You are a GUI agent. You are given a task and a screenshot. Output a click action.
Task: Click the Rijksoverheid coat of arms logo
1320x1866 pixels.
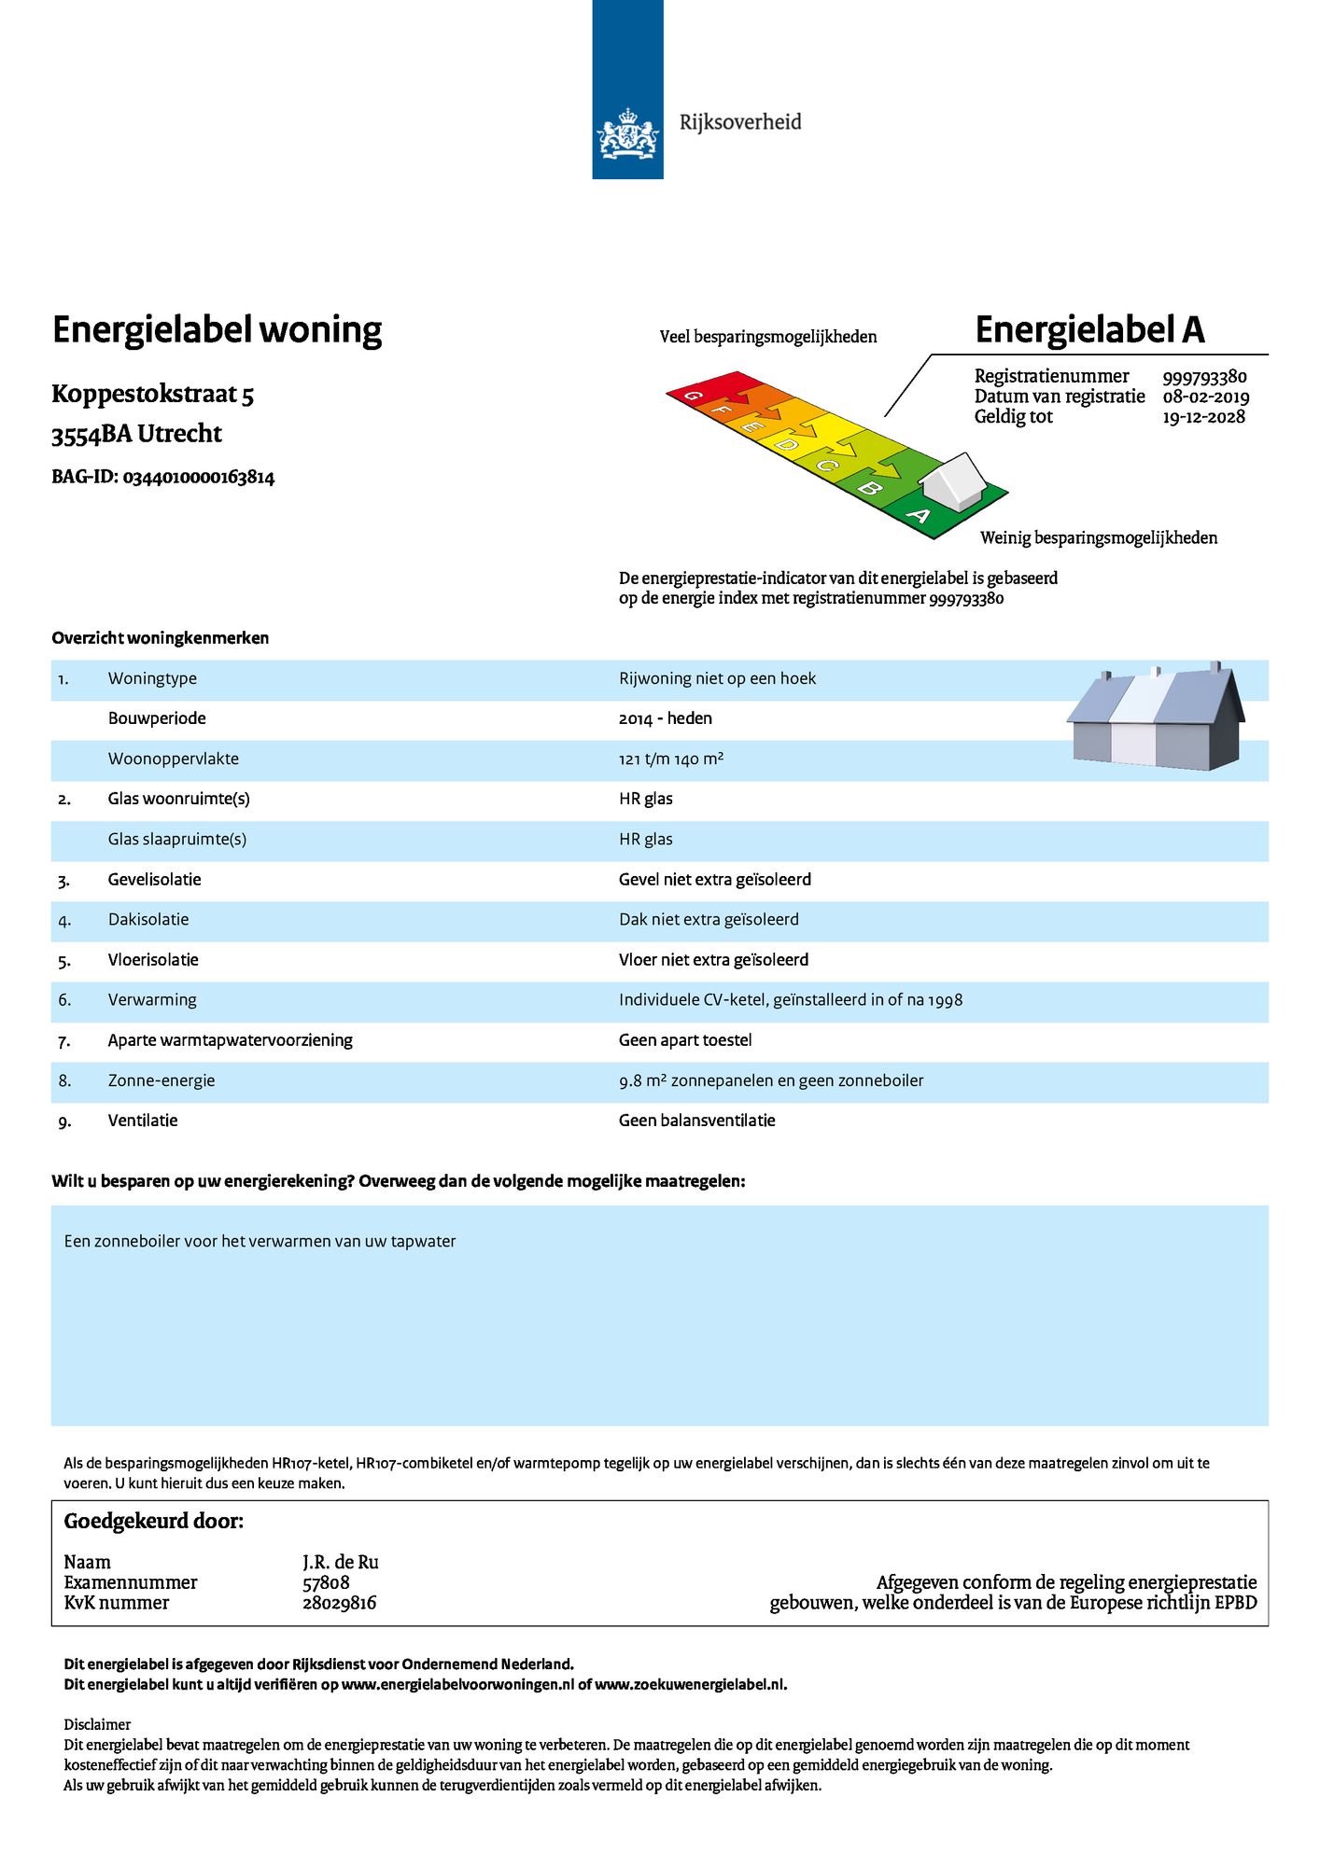point(627,132)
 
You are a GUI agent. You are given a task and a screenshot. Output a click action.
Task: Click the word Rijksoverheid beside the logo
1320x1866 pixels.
point(740,122)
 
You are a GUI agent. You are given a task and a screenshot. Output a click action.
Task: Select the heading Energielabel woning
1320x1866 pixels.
point(217,330)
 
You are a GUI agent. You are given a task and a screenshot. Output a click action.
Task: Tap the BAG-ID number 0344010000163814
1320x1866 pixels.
point(199,478)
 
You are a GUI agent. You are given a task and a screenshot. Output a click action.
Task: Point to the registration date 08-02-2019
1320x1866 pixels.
point(1205,397)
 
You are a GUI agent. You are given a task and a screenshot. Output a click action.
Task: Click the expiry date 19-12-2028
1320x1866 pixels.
point(1203,417)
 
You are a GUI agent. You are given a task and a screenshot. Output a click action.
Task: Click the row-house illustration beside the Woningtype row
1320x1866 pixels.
point(1156,718)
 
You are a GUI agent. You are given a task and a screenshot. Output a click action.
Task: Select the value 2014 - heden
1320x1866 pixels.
point(665,718)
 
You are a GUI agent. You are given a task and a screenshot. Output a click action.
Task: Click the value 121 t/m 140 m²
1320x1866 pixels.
point(670,759)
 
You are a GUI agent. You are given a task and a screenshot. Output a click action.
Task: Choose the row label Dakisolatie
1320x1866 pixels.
point(148,920)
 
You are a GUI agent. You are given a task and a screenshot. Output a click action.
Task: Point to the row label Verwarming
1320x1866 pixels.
point(152,1000)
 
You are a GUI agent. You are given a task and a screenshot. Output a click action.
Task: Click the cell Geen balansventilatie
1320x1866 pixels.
point(696,1121)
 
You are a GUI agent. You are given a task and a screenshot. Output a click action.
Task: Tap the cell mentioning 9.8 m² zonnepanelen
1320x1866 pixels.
point(770,1080)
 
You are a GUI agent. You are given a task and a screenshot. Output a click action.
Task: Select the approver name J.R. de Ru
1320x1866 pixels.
point(340,1562)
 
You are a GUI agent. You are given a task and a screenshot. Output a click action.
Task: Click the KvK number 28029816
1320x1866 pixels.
point(339,1603)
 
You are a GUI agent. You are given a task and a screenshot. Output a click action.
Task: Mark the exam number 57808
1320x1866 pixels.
point(326,1582)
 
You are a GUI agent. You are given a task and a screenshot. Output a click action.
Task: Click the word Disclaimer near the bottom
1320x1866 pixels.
point(97,1724)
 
